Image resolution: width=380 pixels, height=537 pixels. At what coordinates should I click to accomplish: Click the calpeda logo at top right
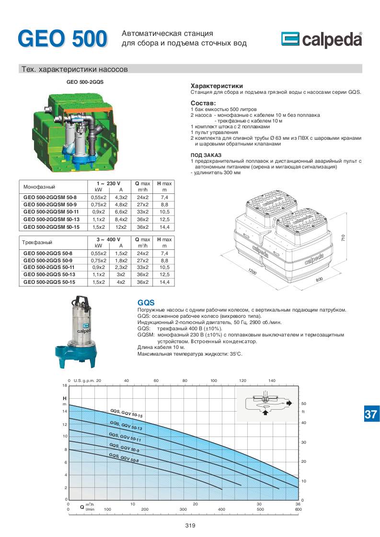coord(322,39)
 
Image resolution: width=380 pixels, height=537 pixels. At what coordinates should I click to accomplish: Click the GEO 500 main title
coord(63,38)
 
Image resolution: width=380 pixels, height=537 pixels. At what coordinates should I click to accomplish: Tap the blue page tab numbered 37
coord(371,414)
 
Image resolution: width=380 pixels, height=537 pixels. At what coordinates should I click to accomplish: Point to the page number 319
coord(190,526)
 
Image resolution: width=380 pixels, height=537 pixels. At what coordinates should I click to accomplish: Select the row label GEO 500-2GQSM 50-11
coord(51,212)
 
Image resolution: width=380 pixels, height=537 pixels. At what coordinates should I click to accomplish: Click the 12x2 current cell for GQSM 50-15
coord(121,227)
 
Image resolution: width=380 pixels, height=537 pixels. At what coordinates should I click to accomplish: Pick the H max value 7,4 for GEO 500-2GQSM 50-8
coord(164,197)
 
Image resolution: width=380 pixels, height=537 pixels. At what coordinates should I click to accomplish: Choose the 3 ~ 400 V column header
coord(108,239)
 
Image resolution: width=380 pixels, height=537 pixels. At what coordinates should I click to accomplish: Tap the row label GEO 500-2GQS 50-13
coord(49,274)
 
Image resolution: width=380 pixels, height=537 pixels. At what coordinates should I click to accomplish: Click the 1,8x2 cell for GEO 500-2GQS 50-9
coord(121,260)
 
